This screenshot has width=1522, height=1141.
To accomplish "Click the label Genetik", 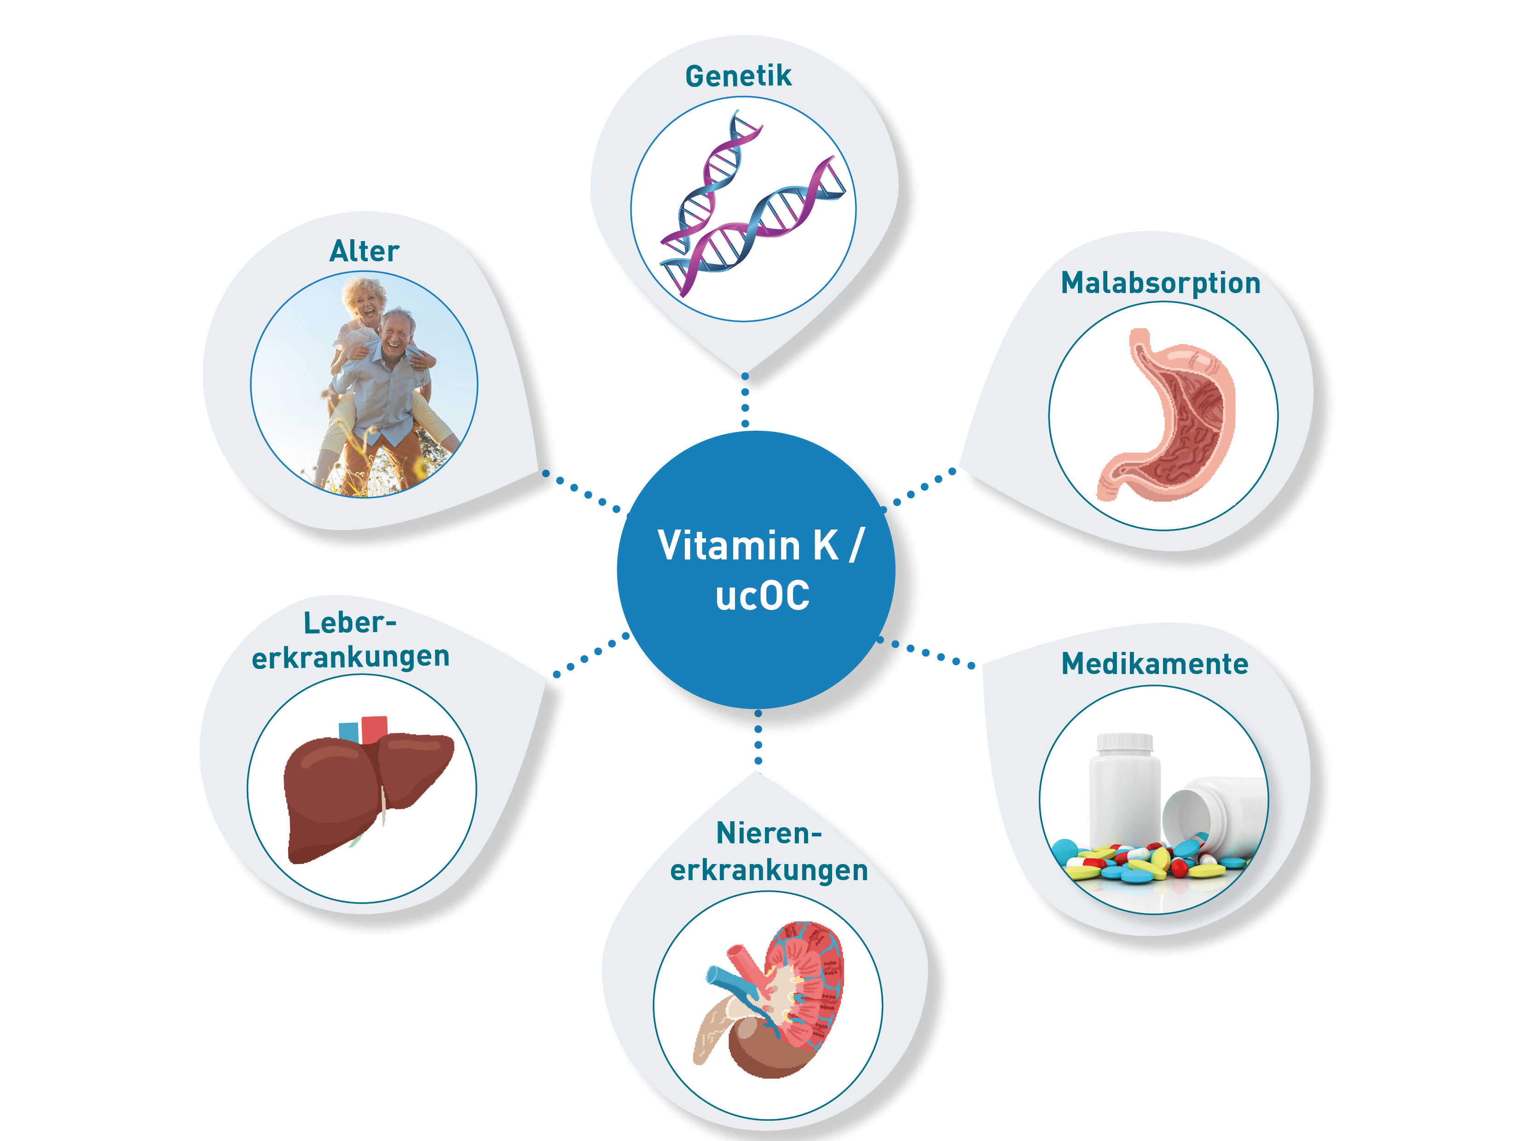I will tap(738, 75).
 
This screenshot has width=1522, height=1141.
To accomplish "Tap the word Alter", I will tap(364, 251).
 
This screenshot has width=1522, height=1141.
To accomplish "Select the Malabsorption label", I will tap(1160, 282).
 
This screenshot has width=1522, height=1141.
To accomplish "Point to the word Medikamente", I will tap(1155, 664).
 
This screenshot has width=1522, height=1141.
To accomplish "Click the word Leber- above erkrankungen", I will tap(349, 622).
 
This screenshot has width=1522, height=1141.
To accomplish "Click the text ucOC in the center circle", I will tap(762, 596).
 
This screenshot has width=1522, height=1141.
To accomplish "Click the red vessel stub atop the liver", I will tap(374, 729).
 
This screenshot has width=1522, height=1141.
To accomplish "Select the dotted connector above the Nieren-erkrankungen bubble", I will tap(758, 738).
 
